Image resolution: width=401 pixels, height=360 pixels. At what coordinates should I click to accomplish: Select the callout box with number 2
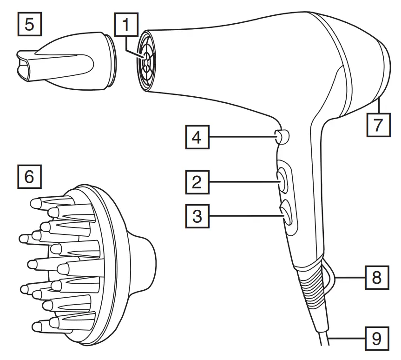point(197,182)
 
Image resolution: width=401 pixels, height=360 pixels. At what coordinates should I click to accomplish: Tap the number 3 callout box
point(197,216)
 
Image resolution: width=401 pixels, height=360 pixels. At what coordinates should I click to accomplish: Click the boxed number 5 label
point(29,24)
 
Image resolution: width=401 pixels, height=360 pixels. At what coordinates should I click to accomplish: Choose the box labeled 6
point(29,176)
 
